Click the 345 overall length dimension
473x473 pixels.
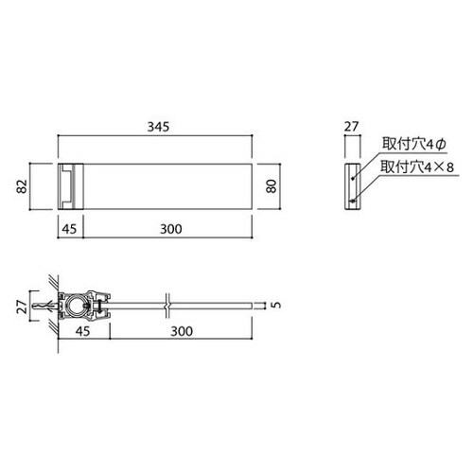point(158,127)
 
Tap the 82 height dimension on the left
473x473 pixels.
point(23,186)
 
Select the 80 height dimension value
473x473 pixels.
point(272,186)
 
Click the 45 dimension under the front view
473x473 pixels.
point(69,229)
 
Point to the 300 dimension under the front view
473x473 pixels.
point(171,229)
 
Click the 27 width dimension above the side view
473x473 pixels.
point(351,127)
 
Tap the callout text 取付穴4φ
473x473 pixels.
point(414,144)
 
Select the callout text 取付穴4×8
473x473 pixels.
point(417,166)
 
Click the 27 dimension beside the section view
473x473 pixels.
point(23,307)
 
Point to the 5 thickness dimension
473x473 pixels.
point(276,305)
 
